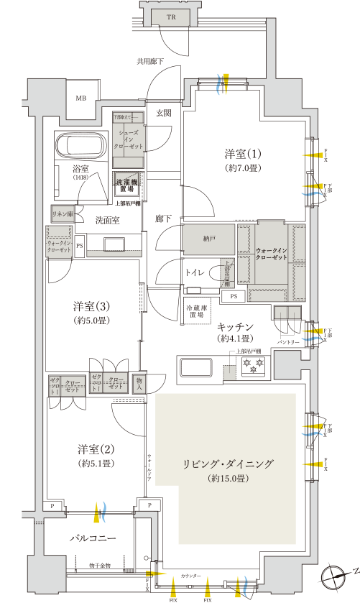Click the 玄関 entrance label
[x=163, y=113]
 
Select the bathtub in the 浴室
[x=81, y=146]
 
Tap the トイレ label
[x=196, y=273]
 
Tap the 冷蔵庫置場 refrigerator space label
[x=198, y=310]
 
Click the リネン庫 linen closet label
[x=61, y=213]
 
